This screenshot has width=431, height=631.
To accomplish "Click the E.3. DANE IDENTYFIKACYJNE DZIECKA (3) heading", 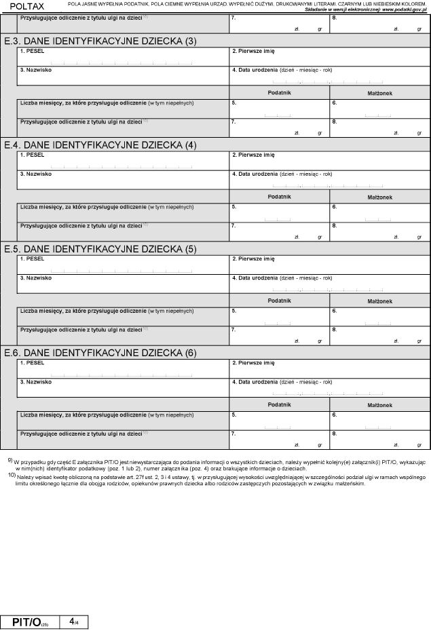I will [x=100, y=41].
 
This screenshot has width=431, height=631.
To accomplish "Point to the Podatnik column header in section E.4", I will [x=280, y=196].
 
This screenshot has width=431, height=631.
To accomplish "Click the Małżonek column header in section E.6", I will [x=380, y=404].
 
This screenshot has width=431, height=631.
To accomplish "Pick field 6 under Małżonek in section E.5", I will [x=380, y=317].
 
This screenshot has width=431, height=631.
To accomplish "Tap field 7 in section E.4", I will [x=280, y=230].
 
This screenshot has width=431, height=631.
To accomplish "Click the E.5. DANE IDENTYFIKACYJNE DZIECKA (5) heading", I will [x=100, y=249].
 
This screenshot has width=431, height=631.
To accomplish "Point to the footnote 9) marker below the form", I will [x=10, y=461].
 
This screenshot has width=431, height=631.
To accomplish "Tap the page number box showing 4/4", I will [x=73, y=622].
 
